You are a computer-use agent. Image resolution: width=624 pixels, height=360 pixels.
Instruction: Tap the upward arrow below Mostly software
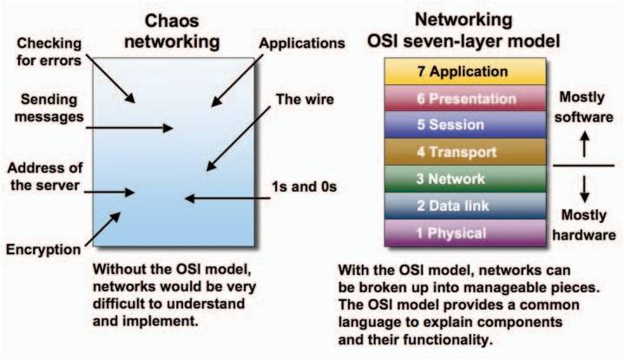click(x=584, y=143)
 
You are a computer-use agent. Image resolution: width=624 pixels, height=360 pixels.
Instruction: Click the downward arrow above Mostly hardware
click(x=584, y=185)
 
